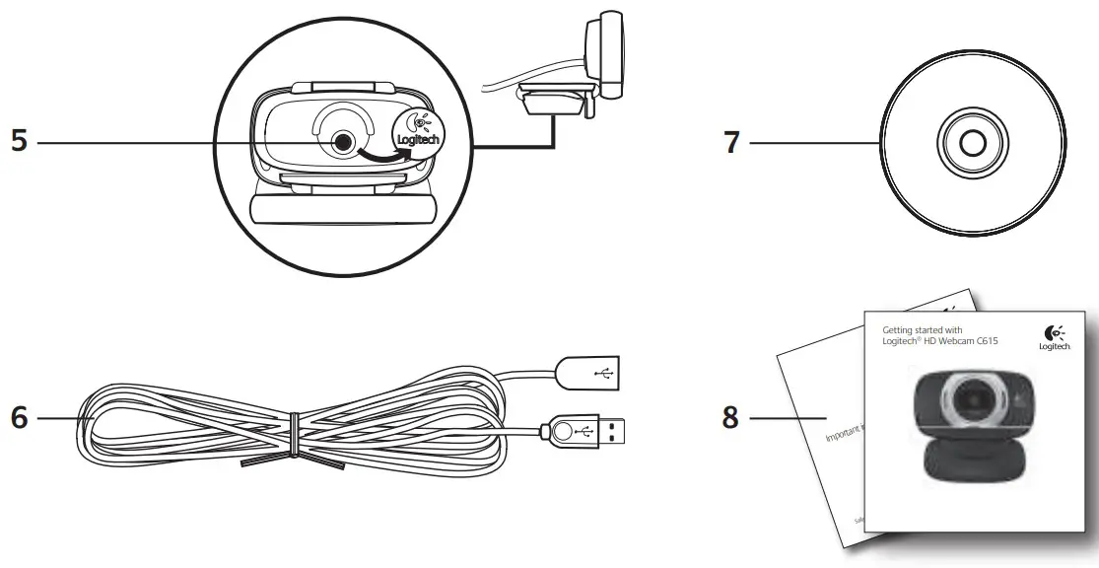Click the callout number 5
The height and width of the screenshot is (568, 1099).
tap(19, 141)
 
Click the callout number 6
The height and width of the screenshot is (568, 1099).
tap(19, 418)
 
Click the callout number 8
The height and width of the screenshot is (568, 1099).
tap(730, 418)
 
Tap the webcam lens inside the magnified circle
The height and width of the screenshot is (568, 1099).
tap(342, 142)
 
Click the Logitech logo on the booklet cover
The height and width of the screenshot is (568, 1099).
tap(1054, 337)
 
